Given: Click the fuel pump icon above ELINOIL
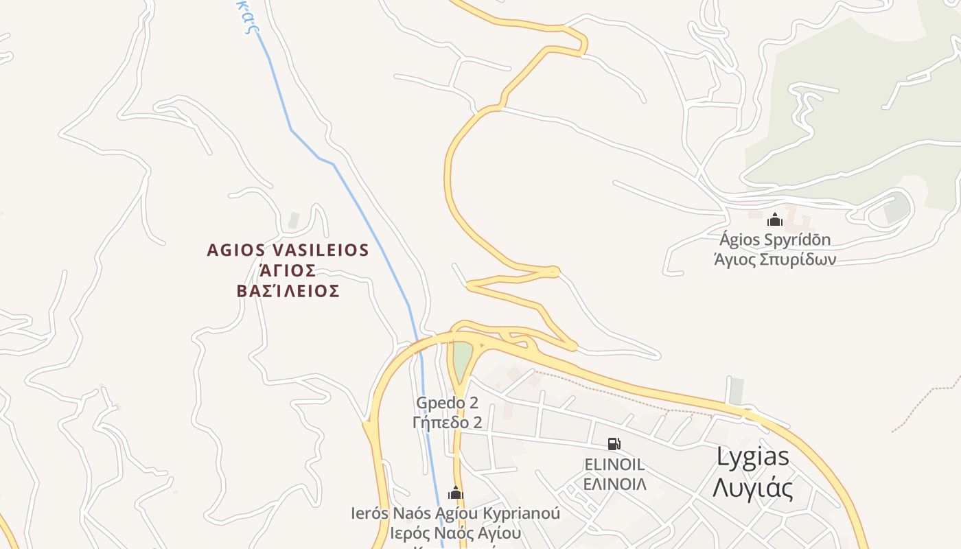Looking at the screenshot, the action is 614,444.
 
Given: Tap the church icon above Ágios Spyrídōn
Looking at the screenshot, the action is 775,220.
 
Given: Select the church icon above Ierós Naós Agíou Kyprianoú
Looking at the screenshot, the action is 456,493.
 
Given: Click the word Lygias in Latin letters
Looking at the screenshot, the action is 753,457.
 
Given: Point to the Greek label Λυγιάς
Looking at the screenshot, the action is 753,489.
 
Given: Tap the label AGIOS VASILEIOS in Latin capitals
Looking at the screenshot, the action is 288,250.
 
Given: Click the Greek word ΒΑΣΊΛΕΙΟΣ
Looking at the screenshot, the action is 288,291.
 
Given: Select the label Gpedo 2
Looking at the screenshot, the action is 447,403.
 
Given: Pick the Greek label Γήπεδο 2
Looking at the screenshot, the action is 447,422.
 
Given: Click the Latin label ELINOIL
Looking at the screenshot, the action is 614,465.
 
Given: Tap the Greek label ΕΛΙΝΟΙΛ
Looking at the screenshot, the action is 615,484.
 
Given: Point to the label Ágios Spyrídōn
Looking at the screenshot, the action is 775,240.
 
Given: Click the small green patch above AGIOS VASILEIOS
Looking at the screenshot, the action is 294,220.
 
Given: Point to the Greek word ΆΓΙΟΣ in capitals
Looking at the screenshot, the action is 288,270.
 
